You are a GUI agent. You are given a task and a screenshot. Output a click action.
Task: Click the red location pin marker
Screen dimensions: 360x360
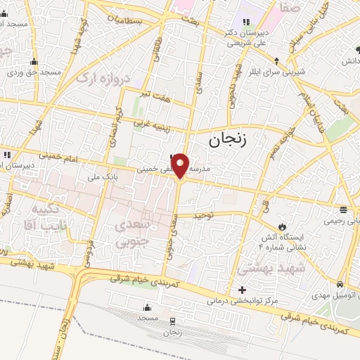(x=181, y=165)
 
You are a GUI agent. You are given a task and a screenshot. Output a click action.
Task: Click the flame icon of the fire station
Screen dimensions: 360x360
(x=282, y=226)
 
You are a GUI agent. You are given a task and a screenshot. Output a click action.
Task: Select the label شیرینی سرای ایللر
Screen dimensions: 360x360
(x=280, y=72)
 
